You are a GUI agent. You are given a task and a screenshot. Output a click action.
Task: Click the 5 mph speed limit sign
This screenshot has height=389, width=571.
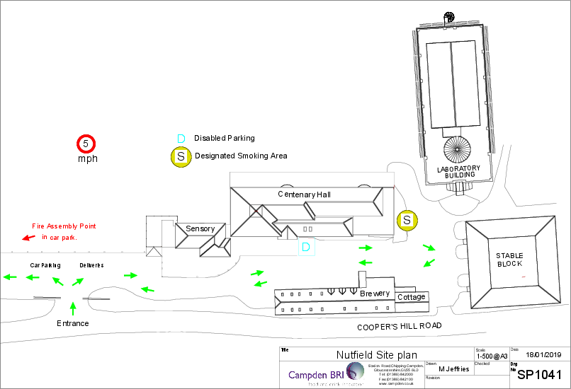pyautogui.click(x=86, y=144)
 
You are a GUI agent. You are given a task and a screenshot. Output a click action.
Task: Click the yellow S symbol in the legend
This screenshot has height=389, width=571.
pyautogui.click(x=181, y=156)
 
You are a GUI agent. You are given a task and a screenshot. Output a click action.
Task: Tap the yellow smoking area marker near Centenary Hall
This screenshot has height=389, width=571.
pyautogui.click(x=407, y=221)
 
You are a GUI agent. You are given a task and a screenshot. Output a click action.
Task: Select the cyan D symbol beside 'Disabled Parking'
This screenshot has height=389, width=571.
pyautogui.click(x=181, y=139)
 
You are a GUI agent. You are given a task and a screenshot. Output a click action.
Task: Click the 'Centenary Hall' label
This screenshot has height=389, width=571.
pyautogui.click(x=304, y=194)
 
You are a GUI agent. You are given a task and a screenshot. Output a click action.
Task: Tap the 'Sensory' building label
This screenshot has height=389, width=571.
pyautogui.click(x=200, y=229)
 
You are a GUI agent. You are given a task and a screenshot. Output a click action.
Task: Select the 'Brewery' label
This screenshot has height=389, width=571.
pyautogui.click(x=374, y=293)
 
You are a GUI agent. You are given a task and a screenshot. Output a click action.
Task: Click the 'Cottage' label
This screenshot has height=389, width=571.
pyautogui.click(x=411, y=297)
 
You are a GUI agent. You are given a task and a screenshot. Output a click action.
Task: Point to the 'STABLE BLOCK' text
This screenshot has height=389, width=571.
pyautogui.click(x=509, y=260)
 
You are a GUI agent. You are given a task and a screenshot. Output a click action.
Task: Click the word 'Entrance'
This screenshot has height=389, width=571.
pyautogui.click(x=73, y=323)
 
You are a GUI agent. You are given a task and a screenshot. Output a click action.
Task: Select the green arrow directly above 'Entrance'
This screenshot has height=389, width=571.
pyautogui.click(x=73, y=307)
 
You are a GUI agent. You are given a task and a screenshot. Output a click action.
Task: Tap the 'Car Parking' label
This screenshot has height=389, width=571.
pyautogui.click(x=44, y=265)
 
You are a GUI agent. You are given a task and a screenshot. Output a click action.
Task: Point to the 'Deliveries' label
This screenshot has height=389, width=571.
pyautogui.click(x=92, y=265)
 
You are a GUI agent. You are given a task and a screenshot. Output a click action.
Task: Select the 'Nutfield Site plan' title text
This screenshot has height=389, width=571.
pyautogui.click(x=376, y=355)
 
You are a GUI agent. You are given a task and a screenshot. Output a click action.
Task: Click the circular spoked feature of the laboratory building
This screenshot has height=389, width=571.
pyautogui.click(x=457, y=151)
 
